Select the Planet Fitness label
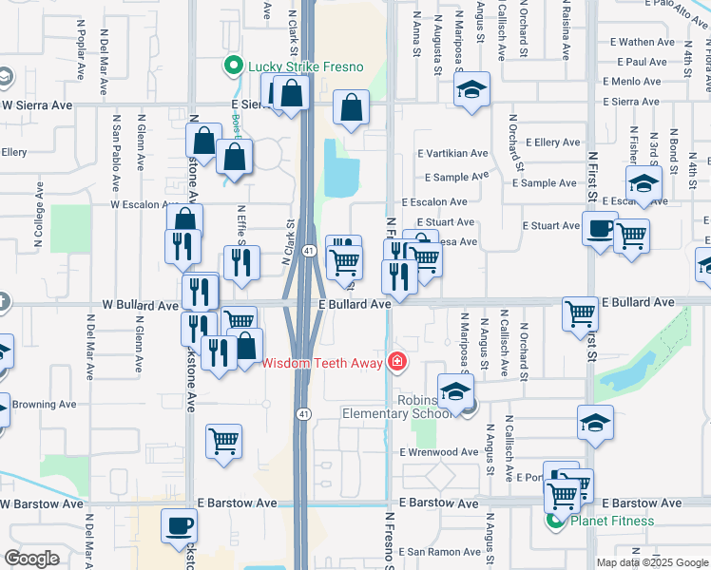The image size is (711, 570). pyautogui.click(x=612, y=521)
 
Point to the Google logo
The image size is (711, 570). pyautogui.click(x=32, y=559)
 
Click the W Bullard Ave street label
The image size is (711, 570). pyautogui.click(x=140, y=306)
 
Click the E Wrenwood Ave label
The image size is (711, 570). pyautogui.click(x=439, y=452)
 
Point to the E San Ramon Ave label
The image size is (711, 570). pyautogui.click(x=439, y=552)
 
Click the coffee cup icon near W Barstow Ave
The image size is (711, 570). pyautogui.click(x=178, y=525)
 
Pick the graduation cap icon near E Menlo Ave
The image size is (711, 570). pyautogui.click(x=471, y=90)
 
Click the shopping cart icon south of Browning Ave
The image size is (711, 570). pyautogui.click(x=223, y=441)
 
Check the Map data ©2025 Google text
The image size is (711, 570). pyautogui.click(x=652, y=562)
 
